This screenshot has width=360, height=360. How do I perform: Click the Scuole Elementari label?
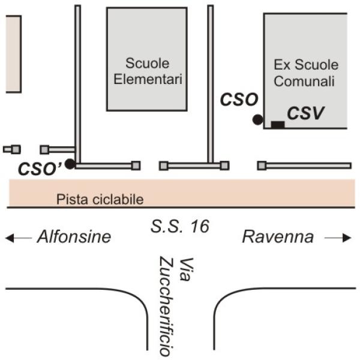point(148,71)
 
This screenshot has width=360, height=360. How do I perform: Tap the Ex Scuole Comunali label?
point(306,73)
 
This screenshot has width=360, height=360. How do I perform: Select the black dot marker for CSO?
point(257,119)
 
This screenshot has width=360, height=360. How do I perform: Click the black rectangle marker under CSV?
point(278,124)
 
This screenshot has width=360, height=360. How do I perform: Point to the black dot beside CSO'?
point(70,164)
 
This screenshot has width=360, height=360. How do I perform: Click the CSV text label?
point(305,113)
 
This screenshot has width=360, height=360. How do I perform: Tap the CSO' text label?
point(40,169)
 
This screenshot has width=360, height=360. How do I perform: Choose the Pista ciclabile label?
point(100,199)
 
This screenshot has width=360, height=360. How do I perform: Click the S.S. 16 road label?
point(180,226)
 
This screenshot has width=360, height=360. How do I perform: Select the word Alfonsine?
point(74,237)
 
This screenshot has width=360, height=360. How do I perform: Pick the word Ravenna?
point(278,237)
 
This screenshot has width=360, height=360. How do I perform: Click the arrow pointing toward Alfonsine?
point(19,238)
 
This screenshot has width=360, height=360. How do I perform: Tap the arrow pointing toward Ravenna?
point(338,238)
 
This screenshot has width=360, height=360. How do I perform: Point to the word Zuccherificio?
point(166,307)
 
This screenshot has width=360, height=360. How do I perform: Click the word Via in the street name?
point(186,269)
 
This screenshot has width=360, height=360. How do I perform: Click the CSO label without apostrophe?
point(239,100)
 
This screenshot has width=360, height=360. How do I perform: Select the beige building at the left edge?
point(13,54)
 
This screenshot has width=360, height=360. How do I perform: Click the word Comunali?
point(304,81)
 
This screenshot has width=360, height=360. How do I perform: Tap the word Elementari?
point(148,79)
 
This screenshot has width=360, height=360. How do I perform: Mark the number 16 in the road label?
point(200,226)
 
